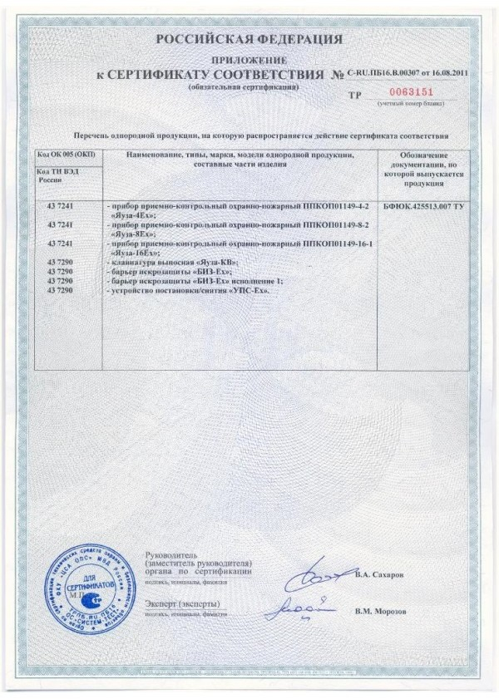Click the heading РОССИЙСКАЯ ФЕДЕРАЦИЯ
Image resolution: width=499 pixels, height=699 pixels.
249,39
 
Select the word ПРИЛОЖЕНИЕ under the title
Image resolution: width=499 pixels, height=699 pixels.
249,61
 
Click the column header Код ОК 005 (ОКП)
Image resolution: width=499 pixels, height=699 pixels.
67,155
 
